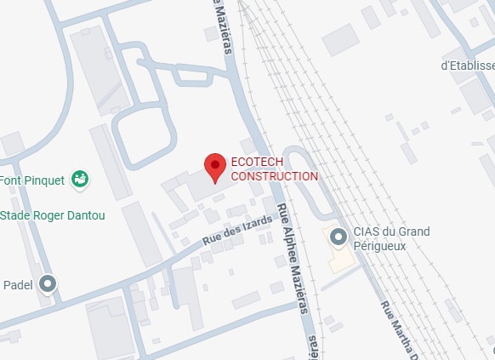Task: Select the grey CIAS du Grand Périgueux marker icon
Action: click(338, 237)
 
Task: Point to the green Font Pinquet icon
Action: click(81, 179)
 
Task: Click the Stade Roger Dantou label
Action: click(53, 215)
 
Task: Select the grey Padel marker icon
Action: click(48, 284)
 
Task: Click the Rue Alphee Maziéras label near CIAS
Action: click(291, 259)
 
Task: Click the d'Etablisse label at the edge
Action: click(467, 65)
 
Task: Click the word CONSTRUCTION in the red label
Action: click(275, 176)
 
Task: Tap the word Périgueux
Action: click(384, 246)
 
